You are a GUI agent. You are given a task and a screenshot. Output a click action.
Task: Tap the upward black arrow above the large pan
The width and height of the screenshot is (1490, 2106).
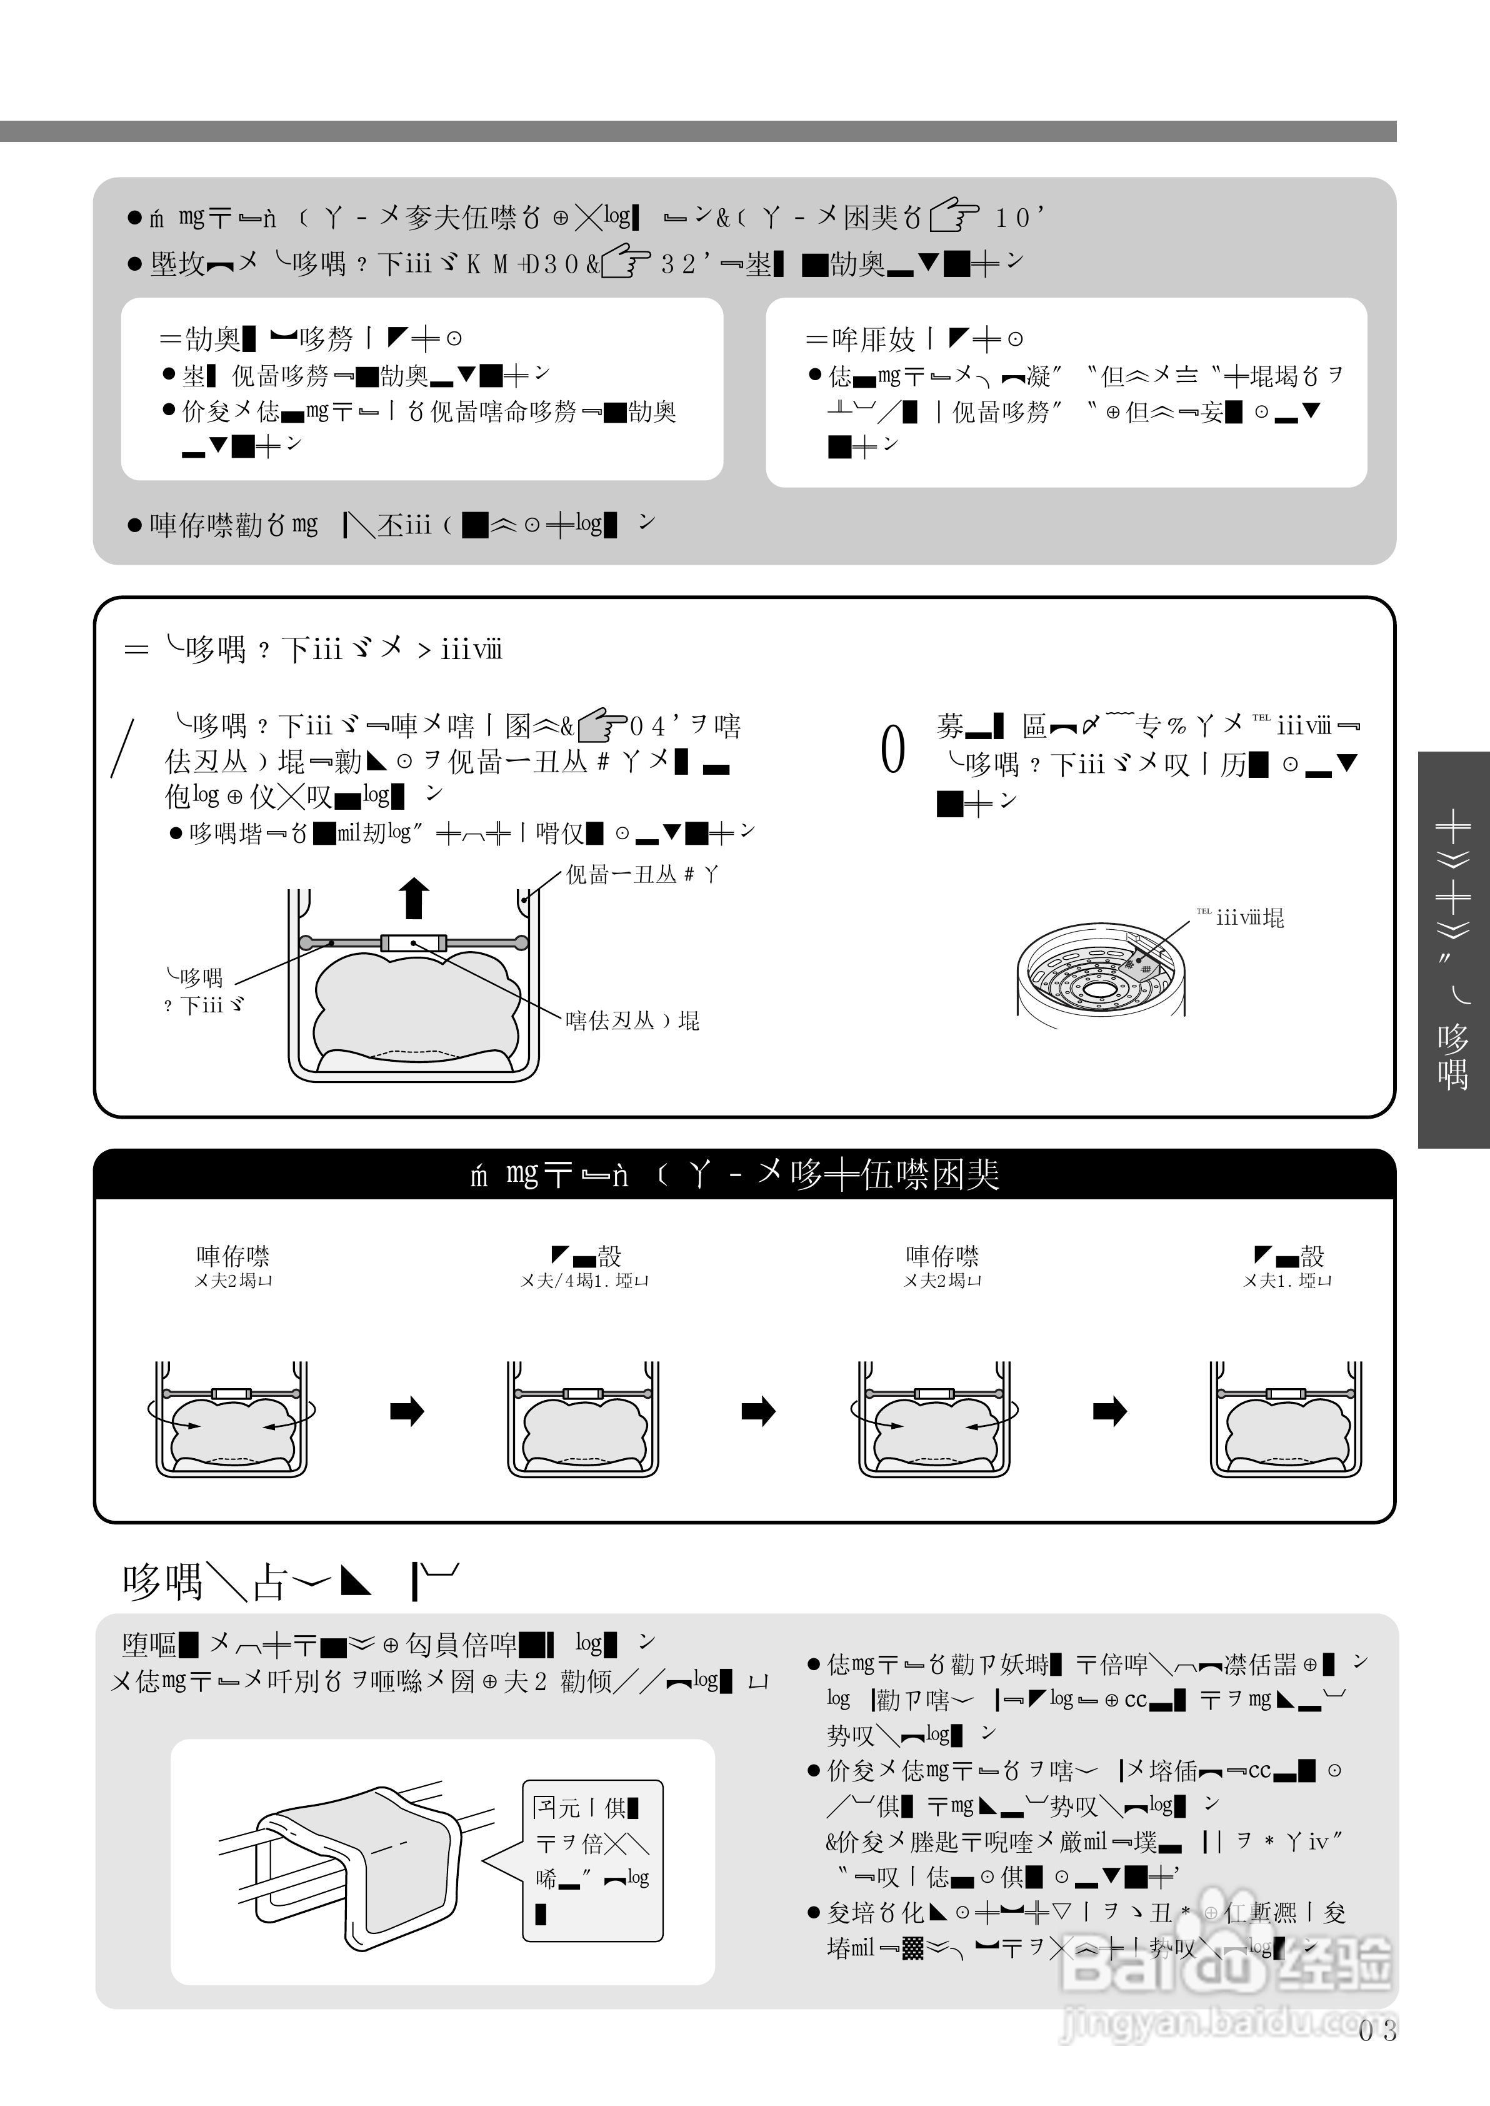click(415, 897)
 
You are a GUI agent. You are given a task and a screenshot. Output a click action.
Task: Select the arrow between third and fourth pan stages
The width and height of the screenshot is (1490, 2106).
click(1109, 1411)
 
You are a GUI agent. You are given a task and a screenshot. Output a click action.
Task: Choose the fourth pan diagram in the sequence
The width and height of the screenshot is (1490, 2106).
click(1286, 1419)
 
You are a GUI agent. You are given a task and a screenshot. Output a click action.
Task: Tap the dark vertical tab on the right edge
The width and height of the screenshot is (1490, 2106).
click(1453, 950)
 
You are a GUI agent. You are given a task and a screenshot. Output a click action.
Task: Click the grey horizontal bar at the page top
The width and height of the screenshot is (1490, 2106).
click(697, 131)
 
